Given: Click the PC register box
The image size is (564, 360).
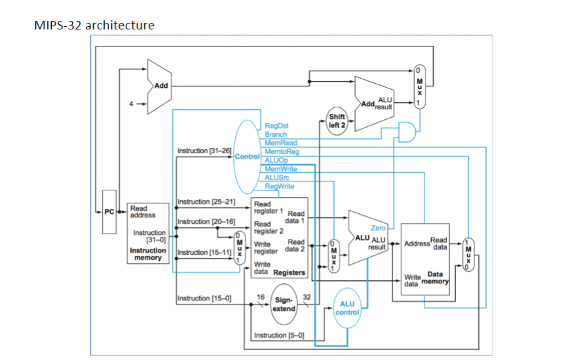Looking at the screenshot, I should tap(109, 211).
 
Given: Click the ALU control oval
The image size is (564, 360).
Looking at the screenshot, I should tap(347, 308).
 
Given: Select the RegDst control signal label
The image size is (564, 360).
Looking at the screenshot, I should tap(276, 126).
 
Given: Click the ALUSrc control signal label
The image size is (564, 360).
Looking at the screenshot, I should tap(276, 177).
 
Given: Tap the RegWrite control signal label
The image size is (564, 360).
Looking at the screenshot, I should tap(279, 186).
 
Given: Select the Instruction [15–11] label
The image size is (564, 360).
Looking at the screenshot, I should tap(206, 252).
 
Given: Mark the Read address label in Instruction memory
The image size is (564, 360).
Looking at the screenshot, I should tap(140, 211).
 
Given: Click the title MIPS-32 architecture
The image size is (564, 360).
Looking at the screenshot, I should tap(94, 26).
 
